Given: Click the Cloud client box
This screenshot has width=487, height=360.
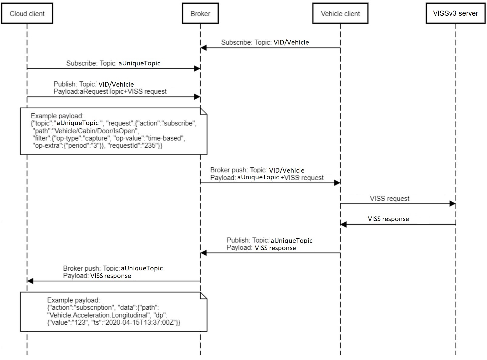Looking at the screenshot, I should click(x=27, y=14).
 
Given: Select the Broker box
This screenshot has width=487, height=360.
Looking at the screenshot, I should click(x=200, y=14).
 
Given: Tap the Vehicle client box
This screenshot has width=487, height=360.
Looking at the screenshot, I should click(x=340, y=14).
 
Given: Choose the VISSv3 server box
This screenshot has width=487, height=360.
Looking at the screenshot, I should click(x=455, y=13).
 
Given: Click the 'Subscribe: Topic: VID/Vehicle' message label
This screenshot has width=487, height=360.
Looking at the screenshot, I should click(x=265, y=42).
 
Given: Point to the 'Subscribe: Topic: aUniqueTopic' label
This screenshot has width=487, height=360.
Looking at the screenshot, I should click(x=113, y=63).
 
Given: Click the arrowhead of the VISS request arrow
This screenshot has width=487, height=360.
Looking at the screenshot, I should click(x=452, y=204).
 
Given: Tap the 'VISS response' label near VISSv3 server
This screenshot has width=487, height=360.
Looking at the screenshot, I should click(x=388, y=219).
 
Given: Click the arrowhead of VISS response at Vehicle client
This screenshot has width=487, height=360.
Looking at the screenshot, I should click(x=343, y=225).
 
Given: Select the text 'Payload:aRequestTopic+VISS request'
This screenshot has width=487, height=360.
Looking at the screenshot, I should click(x=110, y=91).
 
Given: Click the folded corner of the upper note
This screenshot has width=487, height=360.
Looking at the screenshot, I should click(x=203, y=111).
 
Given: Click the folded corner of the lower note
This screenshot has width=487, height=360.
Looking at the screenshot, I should click(x=203, y=296).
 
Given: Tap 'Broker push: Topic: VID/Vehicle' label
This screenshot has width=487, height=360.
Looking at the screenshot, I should click(x=257, y=170).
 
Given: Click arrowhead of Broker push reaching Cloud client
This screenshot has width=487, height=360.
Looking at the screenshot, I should click(x=30, y=281).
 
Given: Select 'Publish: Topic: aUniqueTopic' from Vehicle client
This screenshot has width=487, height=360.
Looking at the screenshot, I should click(x=269, y=240).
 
